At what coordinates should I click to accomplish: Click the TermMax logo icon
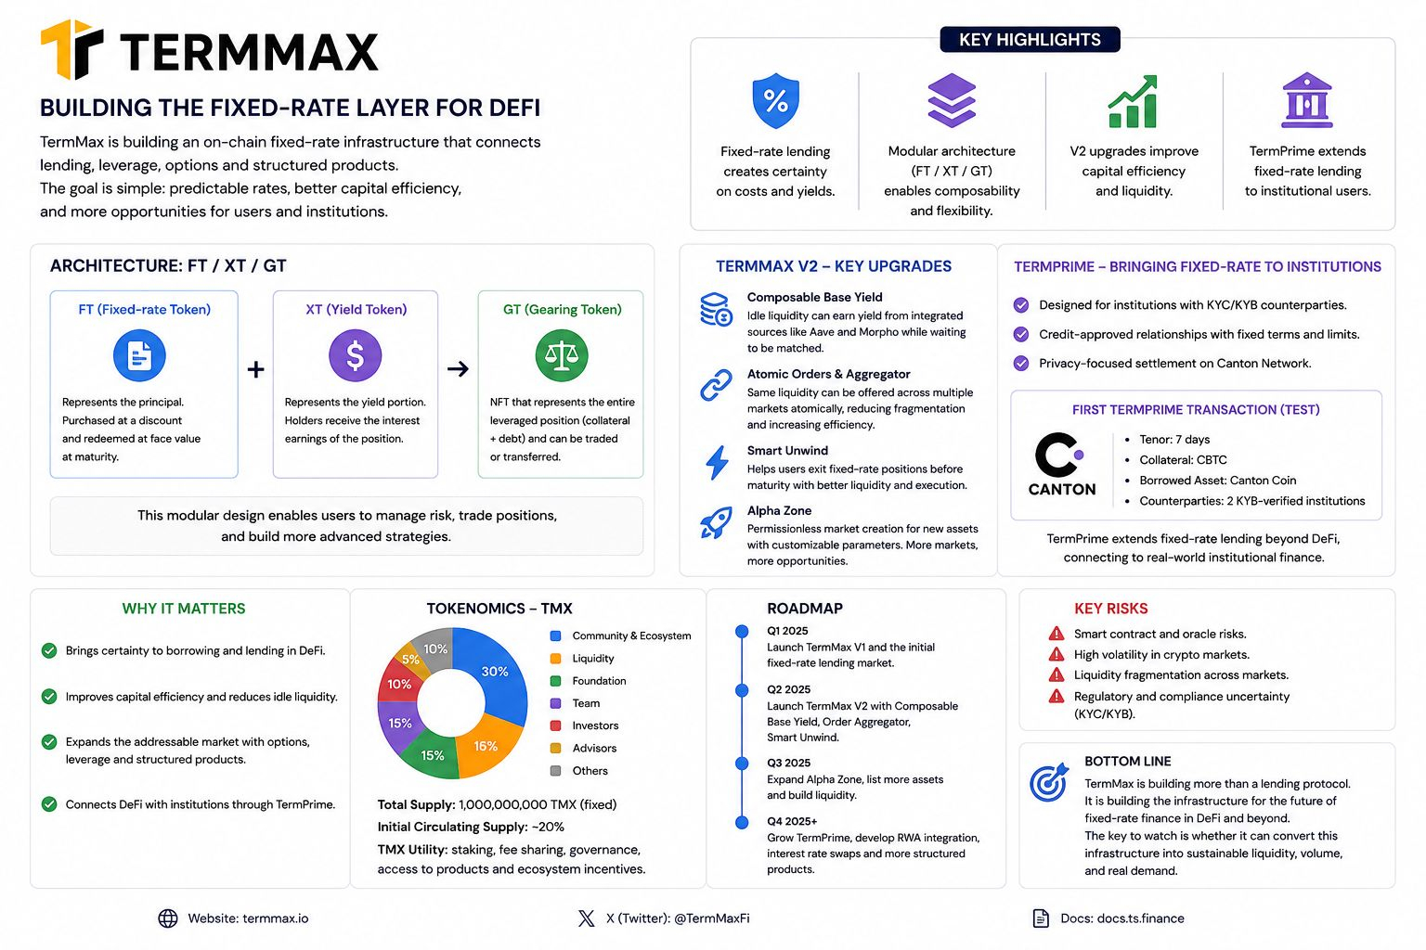click(x=71, y=49)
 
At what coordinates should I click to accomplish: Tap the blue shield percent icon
click(x=775, y=100)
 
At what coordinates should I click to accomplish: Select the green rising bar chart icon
click(x=1133, y=102)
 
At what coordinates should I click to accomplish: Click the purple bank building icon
click(x=1307, y=100)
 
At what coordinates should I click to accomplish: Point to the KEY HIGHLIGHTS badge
click(x=1030, y=40)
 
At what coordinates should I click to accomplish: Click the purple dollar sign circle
click(x=356, y=355)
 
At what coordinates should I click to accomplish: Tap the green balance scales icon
click(x=562, y=355)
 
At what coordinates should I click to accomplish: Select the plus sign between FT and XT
click(x=256, y=369)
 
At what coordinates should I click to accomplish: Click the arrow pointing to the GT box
click(x=458, y=368)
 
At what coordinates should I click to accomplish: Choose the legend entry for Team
click(x=575, y=703)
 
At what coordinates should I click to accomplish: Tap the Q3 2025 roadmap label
click(x=788, y=763)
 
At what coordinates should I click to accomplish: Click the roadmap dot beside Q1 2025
click(x=742, y=631)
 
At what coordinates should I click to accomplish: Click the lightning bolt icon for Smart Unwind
click(x=718, y=462)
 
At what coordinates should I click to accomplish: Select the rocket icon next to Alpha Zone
click(x=716, y=523)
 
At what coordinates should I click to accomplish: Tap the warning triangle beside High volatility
click(x=1057, y=654)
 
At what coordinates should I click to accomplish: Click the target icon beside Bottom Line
click(x=1048, y=782)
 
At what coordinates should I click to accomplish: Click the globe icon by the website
click(x=168, y=918)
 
